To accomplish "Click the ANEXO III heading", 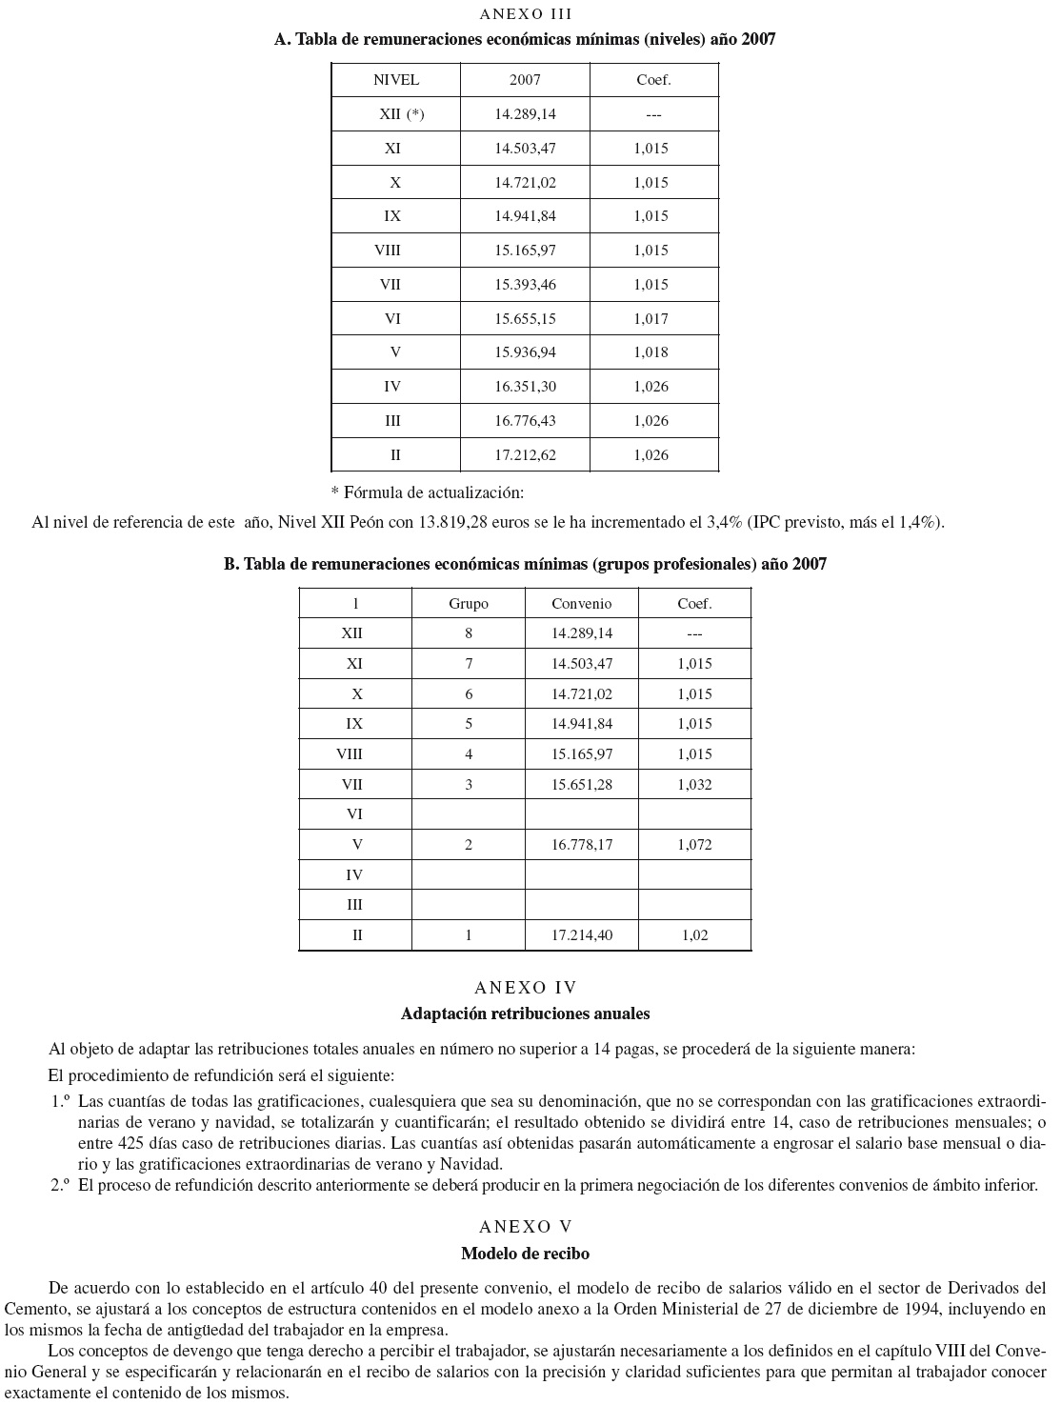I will (x=525, y=13).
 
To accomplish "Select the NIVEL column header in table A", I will (x=395, y=80).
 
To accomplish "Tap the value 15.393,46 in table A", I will (x=525, y=284).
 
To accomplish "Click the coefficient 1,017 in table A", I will (x=651, y=318).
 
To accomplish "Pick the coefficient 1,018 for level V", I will (x=651, y=352).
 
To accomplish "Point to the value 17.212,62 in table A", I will (x=525, y=455).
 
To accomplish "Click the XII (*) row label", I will (x=401, y=114).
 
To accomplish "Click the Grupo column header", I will (x=469, y=604).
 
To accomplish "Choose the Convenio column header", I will (x=581, y=604).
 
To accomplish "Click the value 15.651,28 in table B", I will (x=582, y=785).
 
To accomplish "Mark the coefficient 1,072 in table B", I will (x=694, y=845).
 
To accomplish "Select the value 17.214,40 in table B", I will (x=582, y=935).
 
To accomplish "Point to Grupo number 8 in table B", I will (x=469, y=633).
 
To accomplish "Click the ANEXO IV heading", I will (x=525, y=988).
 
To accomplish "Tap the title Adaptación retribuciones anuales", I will (x=525, y=1014).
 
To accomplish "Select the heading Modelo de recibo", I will (x=525, y=1254).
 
